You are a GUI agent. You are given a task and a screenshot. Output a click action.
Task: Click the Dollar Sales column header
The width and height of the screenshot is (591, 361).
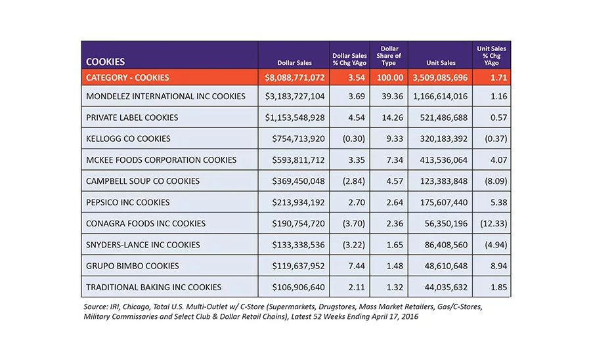coord(294,63)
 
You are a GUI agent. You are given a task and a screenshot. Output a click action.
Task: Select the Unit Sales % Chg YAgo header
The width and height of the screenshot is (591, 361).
coord(491,56)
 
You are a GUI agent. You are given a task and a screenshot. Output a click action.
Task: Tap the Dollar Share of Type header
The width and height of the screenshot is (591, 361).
coord(389,56)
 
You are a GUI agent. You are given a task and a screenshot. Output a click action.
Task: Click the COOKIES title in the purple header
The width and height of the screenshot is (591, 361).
coord(105,62)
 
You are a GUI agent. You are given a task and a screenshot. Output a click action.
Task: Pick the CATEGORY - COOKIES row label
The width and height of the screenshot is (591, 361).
coord(127,77)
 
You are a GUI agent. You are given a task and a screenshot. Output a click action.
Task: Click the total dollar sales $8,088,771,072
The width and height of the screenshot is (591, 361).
coord(294,77)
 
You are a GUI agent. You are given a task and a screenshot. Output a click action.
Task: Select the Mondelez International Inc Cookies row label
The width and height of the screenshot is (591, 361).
coord(165,96)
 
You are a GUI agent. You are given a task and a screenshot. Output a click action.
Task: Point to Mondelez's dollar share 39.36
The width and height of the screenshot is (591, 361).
coord(392,96)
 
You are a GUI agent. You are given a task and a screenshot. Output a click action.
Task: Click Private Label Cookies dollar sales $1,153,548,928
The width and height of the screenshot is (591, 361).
coord(294,117)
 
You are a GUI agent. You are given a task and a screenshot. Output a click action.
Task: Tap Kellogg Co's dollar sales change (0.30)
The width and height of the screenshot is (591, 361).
coord(353,138)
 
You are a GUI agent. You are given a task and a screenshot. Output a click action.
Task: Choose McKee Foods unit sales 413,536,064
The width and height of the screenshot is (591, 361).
coord(444,160)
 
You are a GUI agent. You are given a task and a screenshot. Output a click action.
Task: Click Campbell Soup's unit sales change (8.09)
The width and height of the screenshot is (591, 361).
coord(496,181)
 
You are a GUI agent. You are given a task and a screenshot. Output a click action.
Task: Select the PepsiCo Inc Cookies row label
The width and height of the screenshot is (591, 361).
coord(128,202)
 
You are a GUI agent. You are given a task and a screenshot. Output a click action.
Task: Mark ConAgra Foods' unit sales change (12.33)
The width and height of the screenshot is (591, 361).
coord(493,223)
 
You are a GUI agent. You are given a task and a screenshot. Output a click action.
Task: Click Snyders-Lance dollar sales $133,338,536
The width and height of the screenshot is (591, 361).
coord(298,245)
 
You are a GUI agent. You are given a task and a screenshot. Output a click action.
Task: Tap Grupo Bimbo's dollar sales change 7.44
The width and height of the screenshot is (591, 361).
coord(357,266)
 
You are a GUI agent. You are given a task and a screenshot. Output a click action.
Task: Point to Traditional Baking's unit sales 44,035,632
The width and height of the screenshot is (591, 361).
coord(446,287)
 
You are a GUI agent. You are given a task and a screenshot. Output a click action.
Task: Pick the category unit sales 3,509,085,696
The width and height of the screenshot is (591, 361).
coord(440,77)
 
